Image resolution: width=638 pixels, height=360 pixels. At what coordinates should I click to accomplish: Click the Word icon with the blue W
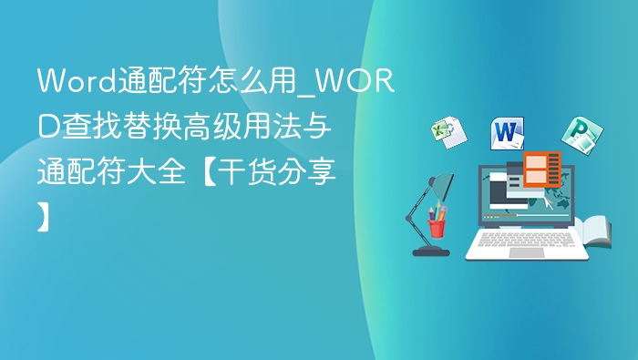509,133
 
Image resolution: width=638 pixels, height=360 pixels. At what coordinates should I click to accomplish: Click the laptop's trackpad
527,252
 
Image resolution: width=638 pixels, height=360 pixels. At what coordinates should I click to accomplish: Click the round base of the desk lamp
430,251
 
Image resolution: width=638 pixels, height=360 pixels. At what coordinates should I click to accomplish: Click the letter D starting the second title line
46,127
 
